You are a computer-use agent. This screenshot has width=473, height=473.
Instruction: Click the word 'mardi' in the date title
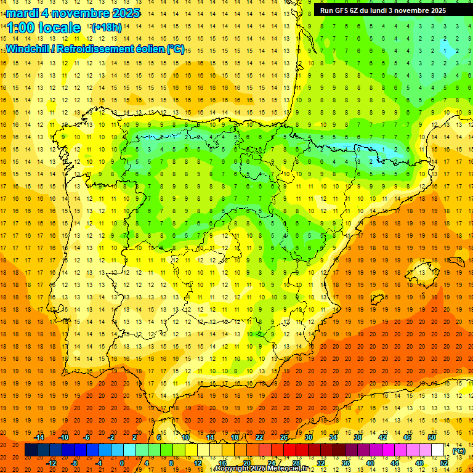click(23, 13)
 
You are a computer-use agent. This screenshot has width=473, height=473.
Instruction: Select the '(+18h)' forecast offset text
click(106, 28)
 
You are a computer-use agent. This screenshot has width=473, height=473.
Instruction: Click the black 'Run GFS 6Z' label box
click(387, 10)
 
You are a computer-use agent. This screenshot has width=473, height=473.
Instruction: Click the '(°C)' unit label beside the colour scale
click(458, 451)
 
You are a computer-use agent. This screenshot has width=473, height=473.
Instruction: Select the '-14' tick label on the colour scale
click(39, 437)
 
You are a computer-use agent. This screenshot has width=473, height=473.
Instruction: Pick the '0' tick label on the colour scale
click(122, 463)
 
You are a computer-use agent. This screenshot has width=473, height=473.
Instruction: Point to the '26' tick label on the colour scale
click(284, 437)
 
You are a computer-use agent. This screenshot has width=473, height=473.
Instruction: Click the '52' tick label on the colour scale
click(445, 463)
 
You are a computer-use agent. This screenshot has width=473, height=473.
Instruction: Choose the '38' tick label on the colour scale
click(358, 437)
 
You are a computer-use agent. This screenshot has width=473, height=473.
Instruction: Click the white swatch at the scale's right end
click(438, 450)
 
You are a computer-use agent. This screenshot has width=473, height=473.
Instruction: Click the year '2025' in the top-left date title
click(123, 13)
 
